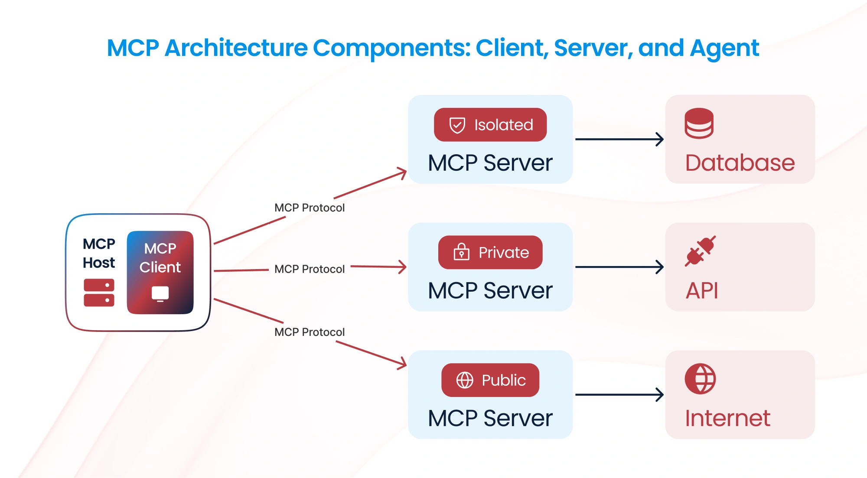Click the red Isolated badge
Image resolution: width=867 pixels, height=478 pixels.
point(490,125)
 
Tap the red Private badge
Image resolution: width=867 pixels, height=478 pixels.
point(490,252)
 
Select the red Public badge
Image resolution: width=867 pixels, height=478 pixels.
point(490,380)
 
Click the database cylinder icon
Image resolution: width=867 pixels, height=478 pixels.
point(699,124)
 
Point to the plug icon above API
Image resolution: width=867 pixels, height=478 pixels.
point(700,251)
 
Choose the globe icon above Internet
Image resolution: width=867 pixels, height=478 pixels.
point(700,379)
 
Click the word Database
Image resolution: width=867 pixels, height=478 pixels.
point(740,163)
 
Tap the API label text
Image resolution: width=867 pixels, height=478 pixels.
point(702,290)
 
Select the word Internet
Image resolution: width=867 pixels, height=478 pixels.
point(727,418)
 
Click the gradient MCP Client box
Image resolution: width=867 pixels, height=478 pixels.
point(160,272)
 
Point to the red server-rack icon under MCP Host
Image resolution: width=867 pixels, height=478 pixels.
point(99,293)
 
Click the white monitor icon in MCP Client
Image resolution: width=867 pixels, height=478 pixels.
point(160,294)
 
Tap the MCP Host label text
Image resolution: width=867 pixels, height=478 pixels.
point(99,253)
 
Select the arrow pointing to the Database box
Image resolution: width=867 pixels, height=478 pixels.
point(619,139)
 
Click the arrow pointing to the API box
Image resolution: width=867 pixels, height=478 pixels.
point(619,267)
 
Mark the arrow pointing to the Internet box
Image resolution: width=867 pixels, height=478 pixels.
point(619,394)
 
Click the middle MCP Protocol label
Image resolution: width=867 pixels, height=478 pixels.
point(310,269)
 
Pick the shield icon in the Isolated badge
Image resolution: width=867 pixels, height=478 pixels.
point(457,125)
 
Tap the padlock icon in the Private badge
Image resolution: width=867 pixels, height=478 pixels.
point(461,252)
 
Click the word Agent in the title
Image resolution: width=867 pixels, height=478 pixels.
point(724,49)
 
